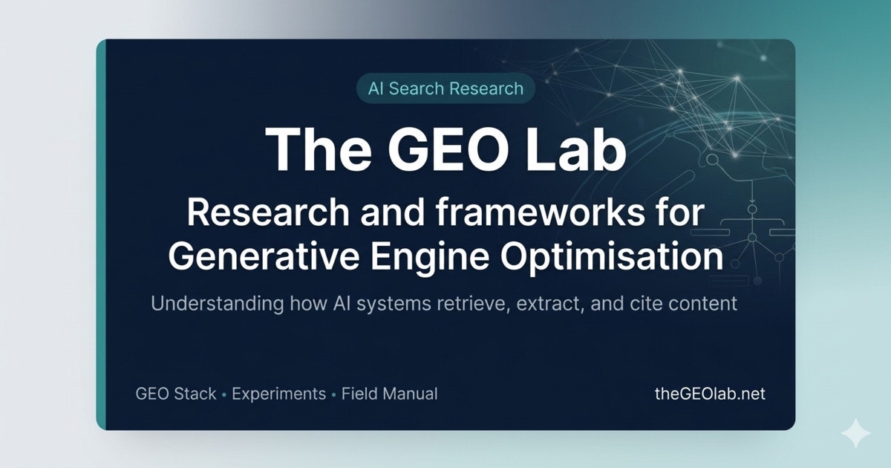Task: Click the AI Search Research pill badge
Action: tap(446, 88)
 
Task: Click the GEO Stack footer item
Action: tap(176, 394)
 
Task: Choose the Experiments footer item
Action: tap(278, 394)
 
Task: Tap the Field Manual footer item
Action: tap(390, 394)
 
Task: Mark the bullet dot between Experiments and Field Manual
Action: tap(333, 394)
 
